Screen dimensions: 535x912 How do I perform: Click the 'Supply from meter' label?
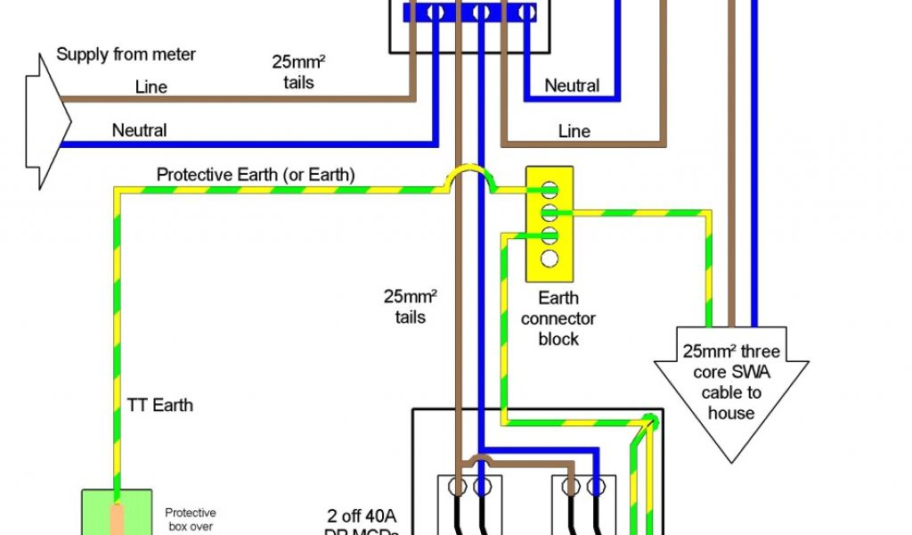coord(126,54)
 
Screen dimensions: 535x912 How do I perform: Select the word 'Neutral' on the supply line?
coord(139,130)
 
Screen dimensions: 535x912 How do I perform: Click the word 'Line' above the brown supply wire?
coord(151,87)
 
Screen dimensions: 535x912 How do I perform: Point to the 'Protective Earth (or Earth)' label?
coord(256,175)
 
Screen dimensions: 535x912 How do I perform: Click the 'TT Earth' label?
coord(159,405)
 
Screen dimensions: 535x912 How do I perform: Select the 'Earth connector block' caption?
coord(558,318)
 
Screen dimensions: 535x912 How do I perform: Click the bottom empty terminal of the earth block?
coord(550,259)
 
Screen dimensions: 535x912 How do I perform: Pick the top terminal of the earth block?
coord(550,189)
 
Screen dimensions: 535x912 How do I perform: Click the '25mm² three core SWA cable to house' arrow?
coord(731,392)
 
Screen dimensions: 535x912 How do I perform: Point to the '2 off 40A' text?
coord(368,516)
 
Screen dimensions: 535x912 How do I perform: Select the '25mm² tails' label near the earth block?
coord(411,306)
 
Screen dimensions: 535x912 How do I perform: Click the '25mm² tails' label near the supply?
coord(293,72)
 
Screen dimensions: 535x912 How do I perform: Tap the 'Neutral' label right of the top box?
coord(572,86)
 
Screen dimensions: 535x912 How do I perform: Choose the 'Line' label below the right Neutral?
coord(574,131)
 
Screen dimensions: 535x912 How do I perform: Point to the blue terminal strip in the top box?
coord(470,12)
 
